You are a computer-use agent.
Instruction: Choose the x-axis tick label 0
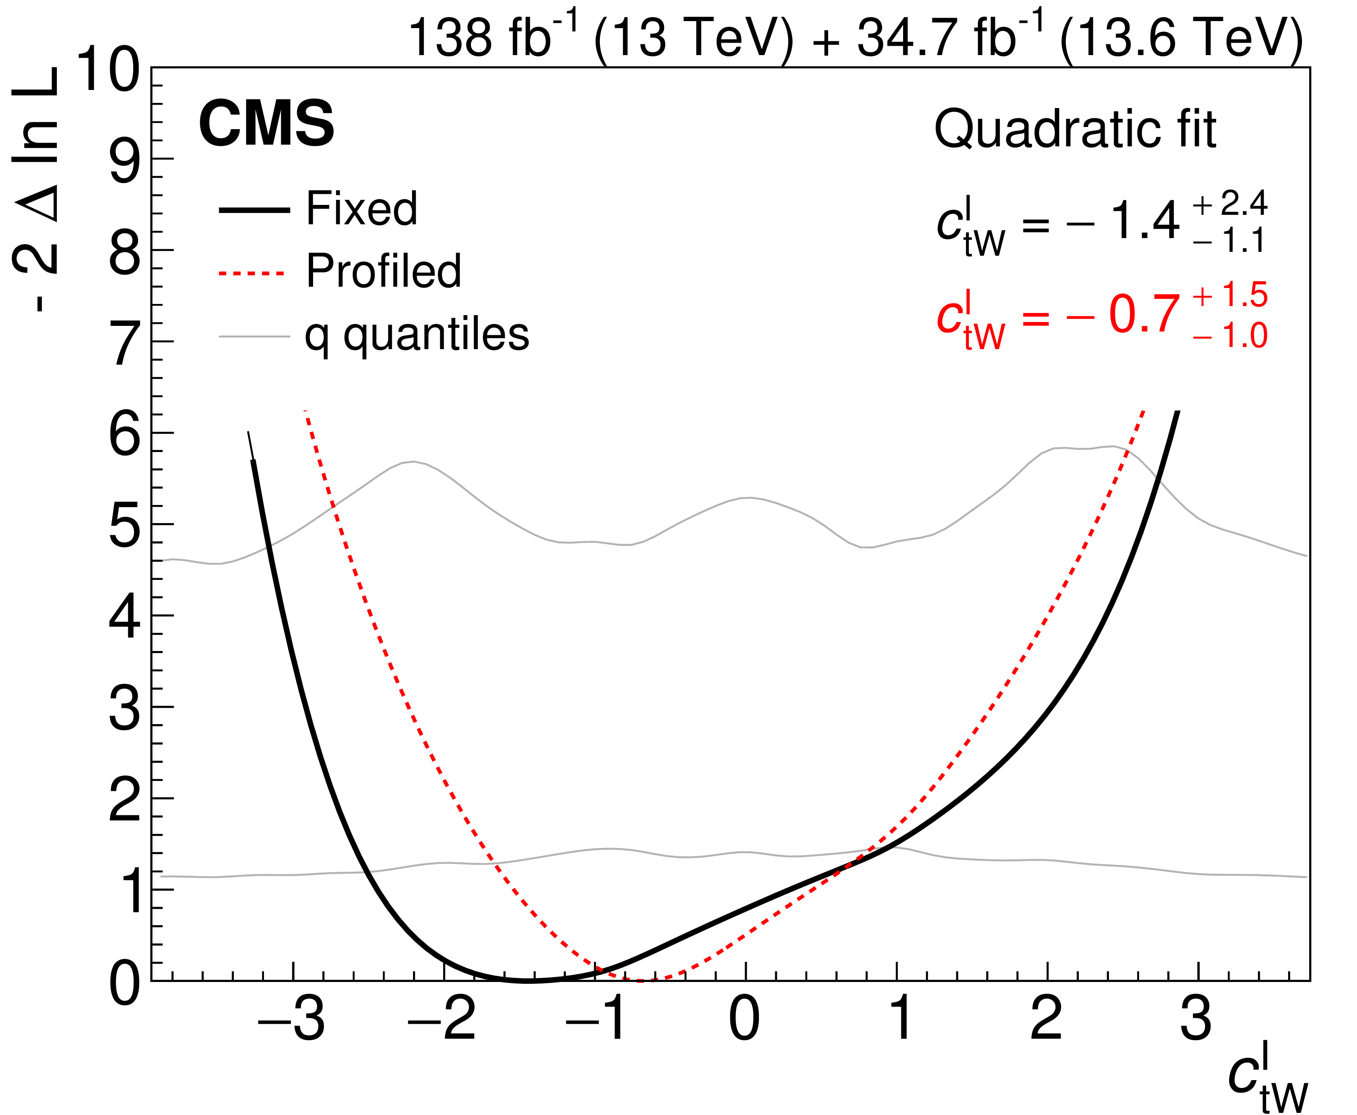tap(744, 1020)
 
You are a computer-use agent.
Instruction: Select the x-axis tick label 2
tap(1046, 1020)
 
